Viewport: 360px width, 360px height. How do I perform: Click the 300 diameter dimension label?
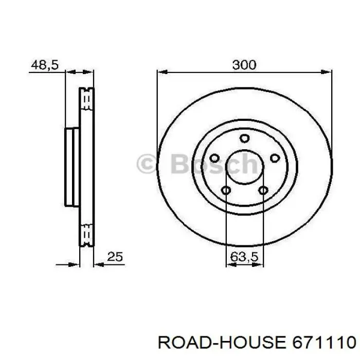pos(244,65)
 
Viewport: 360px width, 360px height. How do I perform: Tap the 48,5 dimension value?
pos(45,65)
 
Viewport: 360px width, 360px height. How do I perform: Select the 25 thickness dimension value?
pos(116,257)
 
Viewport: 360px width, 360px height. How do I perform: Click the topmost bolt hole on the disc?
pos(244,137)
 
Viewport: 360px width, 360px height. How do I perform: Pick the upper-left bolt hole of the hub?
pos(215,158)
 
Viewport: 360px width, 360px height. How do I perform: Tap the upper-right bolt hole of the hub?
pos(274,158)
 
